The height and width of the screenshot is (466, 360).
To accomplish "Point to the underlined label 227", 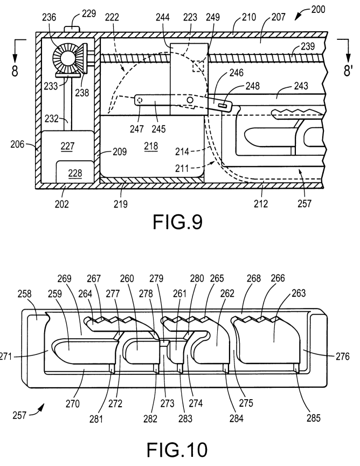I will click(68, 146).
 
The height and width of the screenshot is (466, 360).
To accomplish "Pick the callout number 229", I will click(88, 12).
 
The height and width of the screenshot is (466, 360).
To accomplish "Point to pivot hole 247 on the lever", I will click(139, 100).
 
